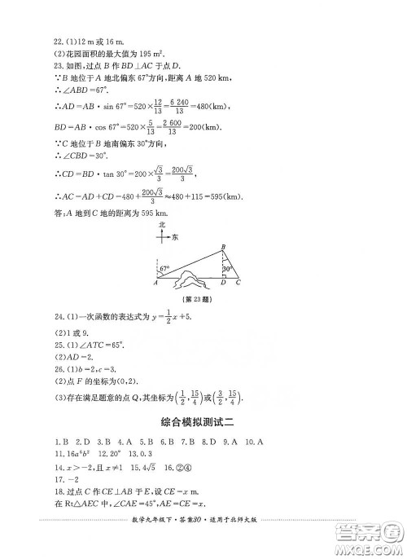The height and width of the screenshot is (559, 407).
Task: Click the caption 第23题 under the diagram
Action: point(195,301)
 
